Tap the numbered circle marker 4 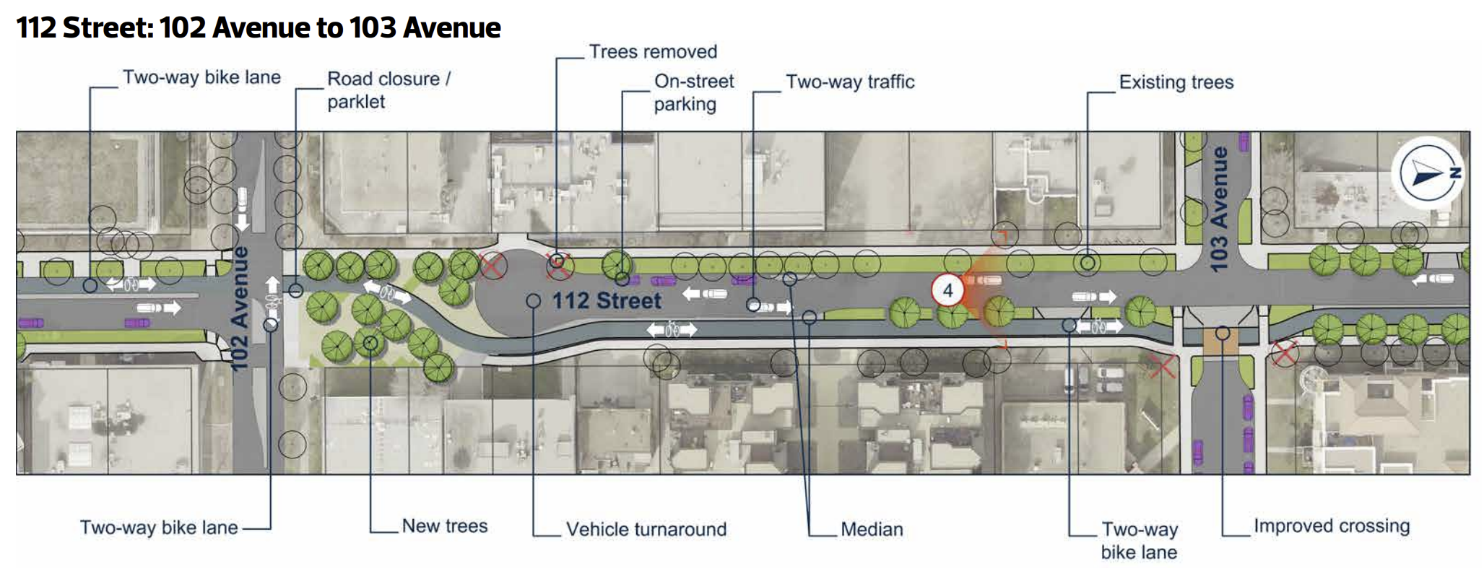click(x=947, y=291)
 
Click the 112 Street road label click(x=607, y=301)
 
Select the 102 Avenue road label click(x=240, y=308)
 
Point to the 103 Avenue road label click(x=1219, y=209)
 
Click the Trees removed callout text click(x=653, y=52)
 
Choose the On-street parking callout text click(x=693, y=92)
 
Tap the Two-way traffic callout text click(x=850, y=82)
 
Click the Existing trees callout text click(x=1176, y=82)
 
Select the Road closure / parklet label click(x=389, y=90)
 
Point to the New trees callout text click(x=445, y=526)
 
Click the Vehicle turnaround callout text click(x=646, y=529)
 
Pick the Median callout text click(x=872, y=529)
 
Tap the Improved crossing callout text click(x=1332, y=526)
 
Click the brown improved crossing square click(x=1222, y=339)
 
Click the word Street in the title click(x=108, y=28)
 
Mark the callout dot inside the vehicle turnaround click(x=533, y=301)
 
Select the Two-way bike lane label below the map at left click(x=159, y=528)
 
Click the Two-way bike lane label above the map click(x=201, y=77)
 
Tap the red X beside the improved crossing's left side click(x=1161, y=366)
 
